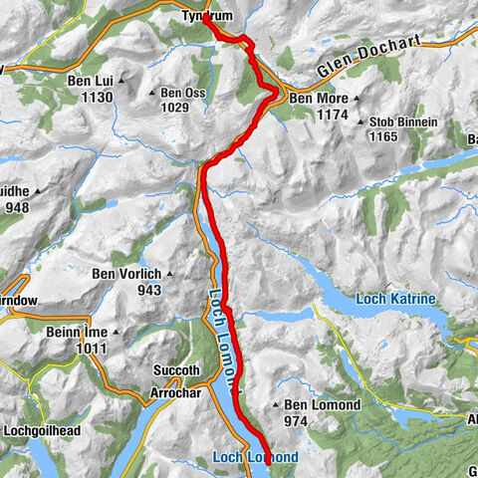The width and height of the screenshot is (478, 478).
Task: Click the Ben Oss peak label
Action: [x=183, y=94]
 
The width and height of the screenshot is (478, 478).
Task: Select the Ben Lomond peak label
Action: [x=318, y=405]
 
